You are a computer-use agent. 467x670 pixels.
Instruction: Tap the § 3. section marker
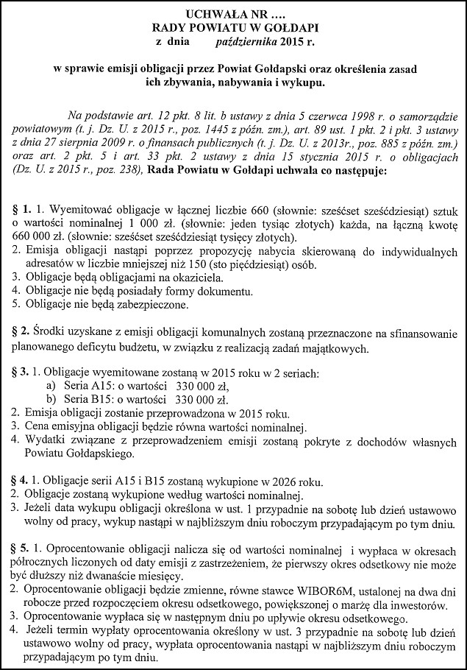pos(21,373)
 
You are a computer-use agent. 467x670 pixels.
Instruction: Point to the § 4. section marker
pos(21,481)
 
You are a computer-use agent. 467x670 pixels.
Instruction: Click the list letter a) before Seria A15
pos(50,386)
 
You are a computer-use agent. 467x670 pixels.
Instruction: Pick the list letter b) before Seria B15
pos(50,399)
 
